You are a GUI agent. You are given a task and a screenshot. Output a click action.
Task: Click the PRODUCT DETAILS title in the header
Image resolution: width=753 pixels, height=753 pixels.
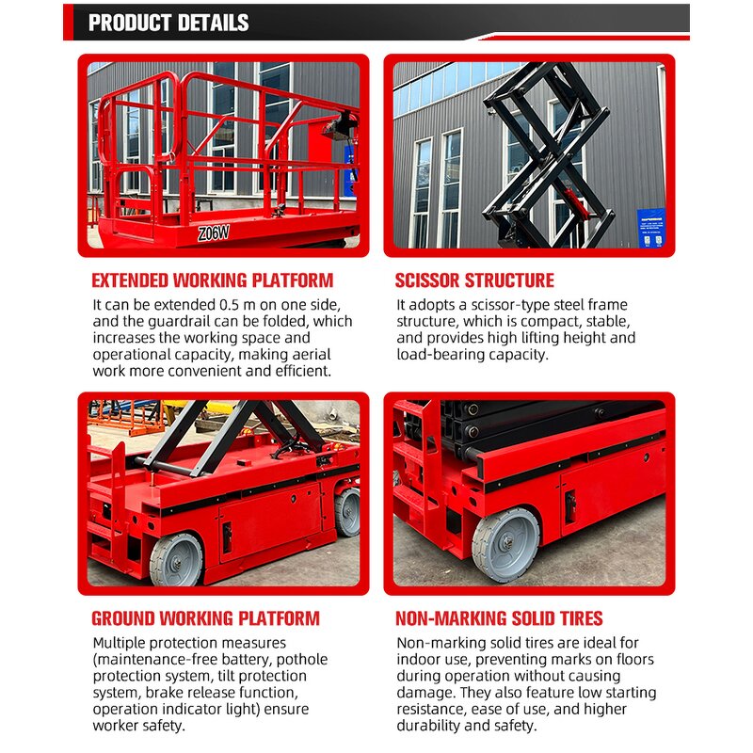pos(168,23)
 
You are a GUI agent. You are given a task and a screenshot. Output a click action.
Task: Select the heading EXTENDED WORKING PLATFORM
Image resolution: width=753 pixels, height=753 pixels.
pos(212,280)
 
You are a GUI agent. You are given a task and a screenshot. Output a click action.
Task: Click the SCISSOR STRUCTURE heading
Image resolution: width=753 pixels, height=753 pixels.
pos(474,280)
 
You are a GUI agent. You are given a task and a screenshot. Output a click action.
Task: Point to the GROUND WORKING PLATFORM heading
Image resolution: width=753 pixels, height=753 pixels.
pos(205,618)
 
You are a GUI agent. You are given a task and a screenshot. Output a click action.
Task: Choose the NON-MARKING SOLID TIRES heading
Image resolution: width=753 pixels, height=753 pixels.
pos(499,618)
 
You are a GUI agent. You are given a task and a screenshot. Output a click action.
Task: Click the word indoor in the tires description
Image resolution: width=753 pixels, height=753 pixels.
pos(417,660)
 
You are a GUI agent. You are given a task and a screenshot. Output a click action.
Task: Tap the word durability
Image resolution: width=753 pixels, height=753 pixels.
pos(432,725)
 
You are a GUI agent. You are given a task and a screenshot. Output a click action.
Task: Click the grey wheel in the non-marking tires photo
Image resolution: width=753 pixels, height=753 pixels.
pos(505,545)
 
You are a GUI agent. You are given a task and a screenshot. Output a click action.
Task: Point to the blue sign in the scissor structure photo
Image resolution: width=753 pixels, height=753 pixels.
pos(650,229)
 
